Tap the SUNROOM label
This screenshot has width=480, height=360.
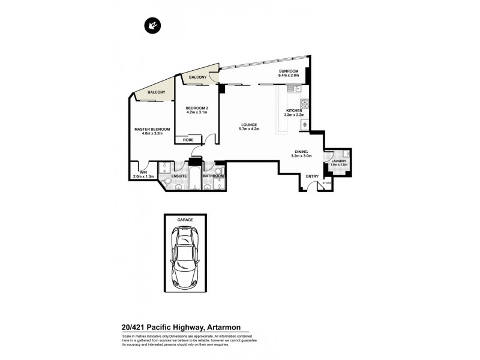click(288, 73)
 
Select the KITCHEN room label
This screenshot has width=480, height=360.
click(295, 111)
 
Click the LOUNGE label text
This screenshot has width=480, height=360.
click(248, 125)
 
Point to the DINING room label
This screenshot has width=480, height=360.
click(302, 152)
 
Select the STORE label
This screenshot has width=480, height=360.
click(327, 182)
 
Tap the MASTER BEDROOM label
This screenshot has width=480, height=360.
click(152, 130)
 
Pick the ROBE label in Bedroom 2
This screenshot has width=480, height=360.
click(188, 140)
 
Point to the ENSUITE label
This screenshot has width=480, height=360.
click(179, 176)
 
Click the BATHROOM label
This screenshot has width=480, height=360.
click(213, 176)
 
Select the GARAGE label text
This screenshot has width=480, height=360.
click(185, 220)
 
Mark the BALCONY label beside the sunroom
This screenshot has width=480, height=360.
click(197, 77)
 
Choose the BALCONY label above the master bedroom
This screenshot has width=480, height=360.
click(156, 92)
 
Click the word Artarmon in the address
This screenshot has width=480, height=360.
click(224, 327)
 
